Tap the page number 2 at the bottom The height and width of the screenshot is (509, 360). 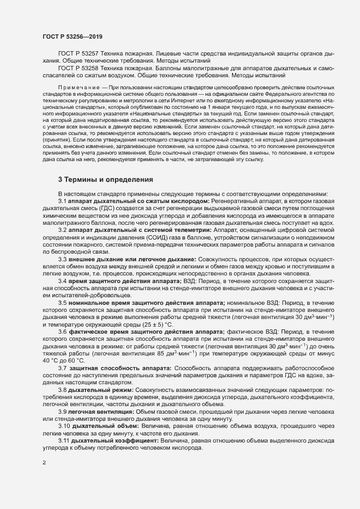(44, 463)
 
